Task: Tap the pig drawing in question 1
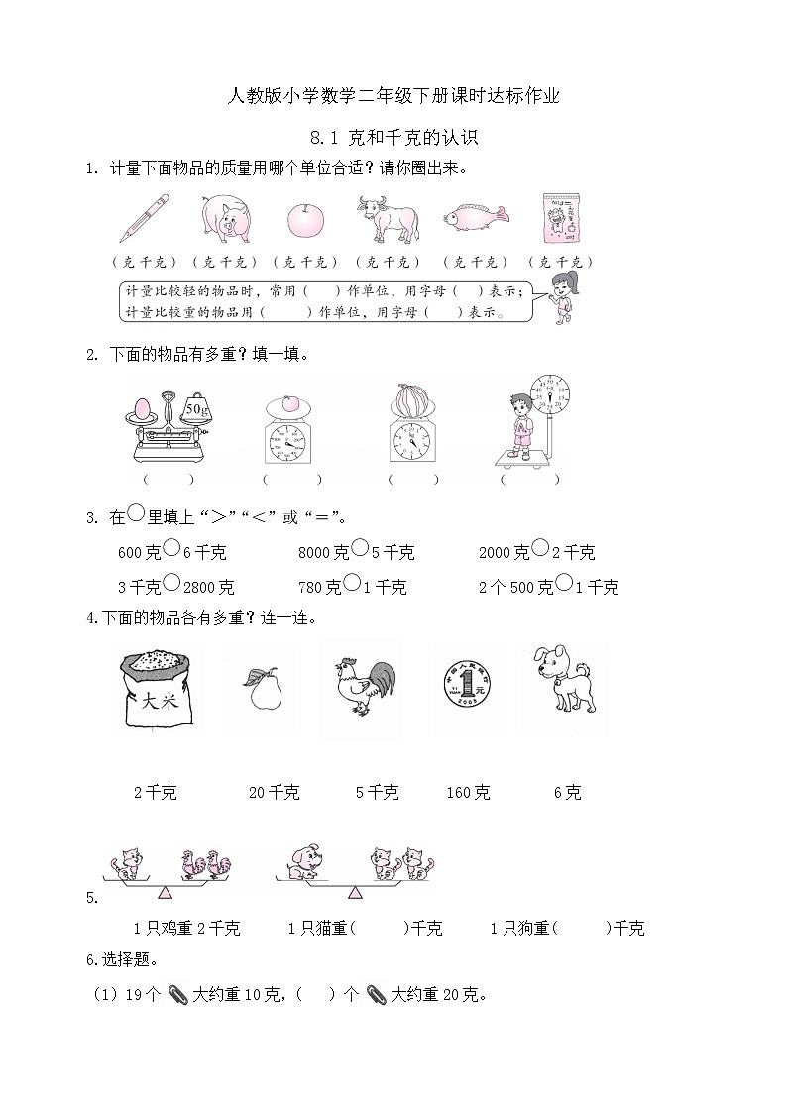click(225, 217)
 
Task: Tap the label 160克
click(468, 793)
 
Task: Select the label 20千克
click(274, 793)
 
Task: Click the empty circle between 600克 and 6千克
click(170, 545)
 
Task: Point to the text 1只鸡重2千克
click(186, 929)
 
